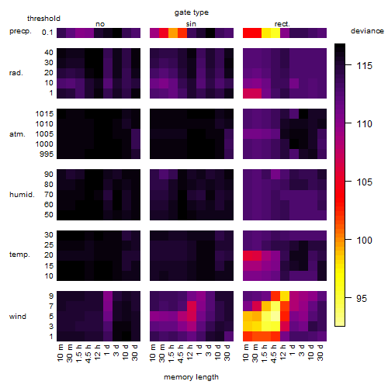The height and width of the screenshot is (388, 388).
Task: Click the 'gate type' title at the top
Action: coord(192,12)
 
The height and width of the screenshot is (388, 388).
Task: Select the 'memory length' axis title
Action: coord(191,377)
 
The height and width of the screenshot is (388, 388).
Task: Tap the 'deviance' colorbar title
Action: coord(367,31)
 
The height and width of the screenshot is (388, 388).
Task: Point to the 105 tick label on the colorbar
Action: coord(365,182)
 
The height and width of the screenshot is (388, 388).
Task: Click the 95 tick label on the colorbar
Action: coord(362,299)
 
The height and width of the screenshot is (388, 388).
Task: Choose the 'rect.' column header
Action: coord(282,24)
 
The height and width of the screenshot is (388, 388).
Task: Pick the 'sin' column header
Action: coord(191,24)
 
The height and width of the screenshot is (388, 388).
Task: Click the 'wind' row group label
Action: coord(18,317)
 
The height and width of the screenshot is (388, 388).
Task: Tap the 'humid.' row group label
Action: coord(22,195)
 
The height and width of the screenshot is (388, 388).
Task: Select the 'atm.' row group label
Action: coord(17,134)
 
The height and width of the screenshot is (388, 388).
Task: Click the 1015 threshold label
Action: coord(44,114)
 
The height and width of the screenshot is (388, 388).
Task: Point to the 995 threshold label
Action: coord(47,154)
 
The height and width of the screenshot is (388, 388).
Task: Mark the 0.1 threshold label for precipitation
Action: coord(47,33)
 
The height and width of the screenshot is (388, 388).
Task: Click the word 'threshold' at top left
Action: coord(43,19)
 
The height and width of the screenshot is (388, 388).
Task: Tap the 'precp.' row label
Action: coord(20,31)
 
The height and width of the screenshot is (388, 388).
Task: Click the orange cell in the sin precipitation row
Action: coord(173,33)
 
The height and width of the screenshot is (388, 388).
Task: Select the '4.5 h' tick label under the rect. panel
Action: coord(274,353)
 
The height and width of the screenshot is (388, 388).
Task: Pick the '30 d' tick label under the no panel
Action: coord(135,352)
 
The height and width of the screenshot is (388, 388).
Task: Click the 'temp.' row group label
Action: coord(19,255)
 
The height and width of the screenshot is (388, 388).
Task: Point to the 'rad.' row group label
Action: coord(16,73)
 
